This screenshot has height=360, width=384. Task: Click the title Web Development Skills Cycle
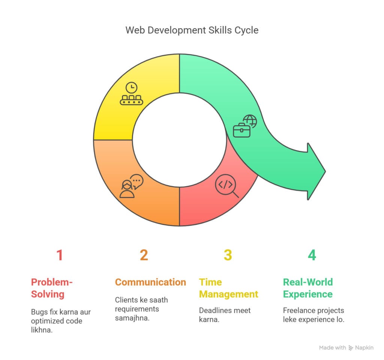tap(192, 30)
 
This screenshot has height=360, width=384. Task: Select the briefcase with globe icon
tap(244, 125)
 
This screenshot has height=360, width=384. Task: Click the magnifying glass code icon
tap(226, 186)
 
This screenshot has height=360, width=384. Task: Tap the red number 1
tap(60, 255)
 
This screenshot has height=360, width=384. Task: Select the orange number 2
tap(144, 255)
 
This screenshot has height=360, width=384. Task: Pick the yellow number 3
tap(228, 255)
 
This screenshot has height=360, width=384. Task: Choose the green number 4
tap(312, 255)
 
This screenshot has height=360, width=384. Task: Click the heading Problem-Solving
tap(52, 288)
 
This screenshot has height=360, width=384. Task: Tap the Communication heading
tap(150, 282)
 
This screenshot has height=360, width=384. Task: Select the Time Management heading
tap(228, 288)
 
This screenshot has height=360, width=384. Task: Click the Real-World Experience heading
tap(307, 288)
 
